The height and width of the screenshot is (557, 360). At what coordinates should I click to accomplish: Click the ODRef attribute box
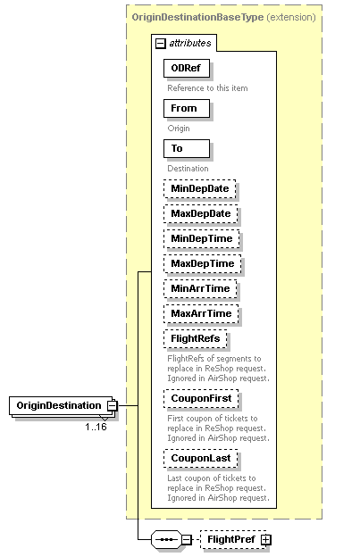(186, 69)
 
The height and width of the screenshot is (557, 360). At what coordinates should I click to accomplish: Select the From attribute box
(186, 109)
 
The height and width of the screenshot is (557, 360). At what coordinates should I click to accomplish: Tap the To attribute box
(186, 149)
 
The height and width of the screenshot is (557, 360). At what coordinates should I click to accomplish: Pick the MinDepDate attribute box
(199, 188)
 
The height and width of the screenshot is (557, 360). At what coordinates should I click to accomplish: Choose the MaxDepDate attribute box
(200, 213)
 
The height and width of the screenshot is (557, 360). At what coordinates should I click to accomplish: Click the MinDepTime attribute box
(200, 238)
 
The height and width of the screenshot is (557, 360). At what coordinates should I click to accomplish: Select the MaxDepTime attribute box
(202, 263)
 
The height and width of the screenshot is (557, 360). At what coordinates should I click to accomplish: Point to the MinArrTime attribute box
(200, 288)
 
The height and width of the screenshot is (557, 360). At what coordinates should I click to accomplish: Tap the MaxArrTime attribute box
(201, 313)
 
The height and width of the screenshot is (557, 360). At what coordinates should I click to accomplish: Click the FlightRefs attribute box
(196, 339)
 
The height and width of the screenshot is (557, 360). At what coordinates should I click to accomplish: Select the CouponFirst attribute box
(201, 398)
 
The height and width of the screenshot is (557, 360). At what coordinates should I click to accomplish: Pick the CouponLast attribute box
(200, 458)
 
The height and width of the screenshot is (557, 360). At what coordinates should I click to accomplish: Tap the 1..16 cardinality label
(96, 427)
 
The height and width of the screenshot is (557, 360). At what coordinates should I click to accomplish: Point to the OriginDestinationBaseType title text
(183, 17)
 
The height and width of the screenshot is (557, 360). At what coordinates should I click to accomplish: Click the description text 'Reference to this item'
(207, 87)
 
